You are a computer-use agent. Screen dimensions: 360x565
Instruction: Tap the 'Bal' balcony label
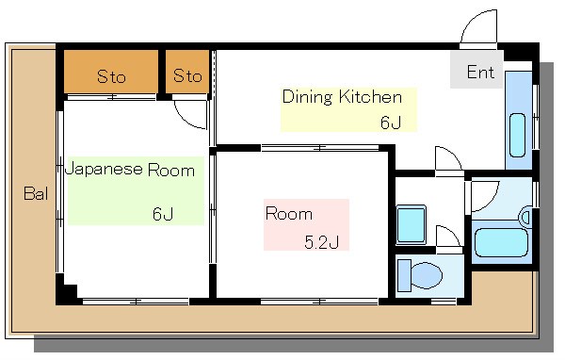click(36, 195)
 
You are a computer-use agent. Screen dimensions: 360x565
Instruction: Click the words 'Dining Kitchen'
click(342, 97)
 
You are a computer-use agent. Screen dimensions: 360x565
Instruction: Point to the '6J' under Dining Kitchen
click(390, 122)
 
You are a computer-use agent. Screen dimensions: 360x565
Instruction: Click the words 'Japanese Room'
click(130, 171)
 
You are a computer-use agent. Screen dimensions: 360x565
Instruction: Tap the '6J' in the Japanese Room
click(162, 213)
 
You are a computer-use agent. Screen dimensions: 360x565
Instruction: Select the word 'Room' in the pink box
click(282, 214)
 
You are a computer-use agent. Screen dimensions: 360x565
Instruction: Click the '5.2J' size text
click(320, 241)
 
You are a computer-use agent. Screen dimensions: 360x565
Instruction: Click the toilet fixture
click(419, 276)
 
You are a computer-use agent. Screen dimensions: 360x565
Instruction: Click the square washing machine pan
click(412, 224)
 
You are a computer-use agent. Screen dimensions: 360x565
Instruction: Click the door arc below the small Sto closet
click(192, 115)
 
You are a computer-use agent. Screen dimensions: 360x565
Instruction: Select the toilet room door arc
click(449, 237)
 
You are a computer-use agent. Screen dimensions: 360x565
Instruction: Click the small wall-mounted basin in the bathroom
click(525, 218)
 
